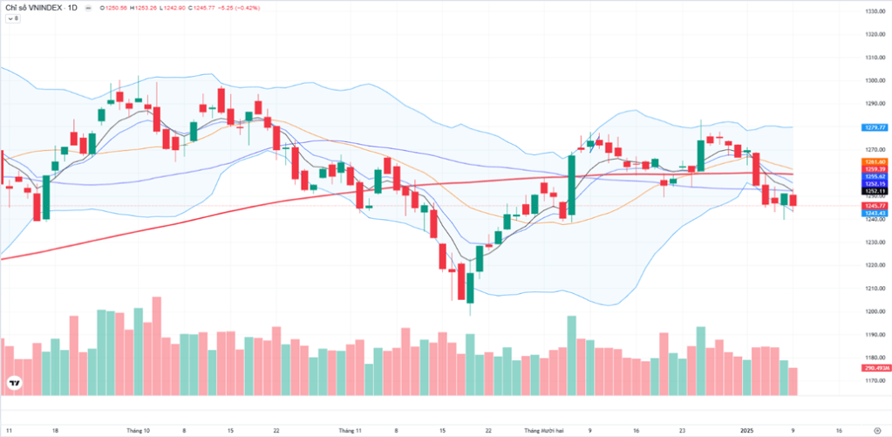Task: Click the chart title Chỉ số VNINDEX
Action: pyautogui.click(x=35, y=8)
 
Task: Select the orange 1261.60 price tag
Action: pyautogui.click(x=875, y=162)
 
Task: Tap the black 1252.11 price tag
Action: pyautogui.click(x=875, y=191)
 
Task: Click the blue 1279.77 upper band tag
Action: pyautogui.click(x=875, y=127)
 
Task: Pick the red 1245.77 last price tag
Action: pyautogui.click(x=875, y=206)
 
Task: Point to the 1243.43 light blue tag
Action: pyautogui.click(x=875, y=213)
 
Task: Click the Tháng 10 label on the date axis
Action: pyautogui.click(x=139, y=430)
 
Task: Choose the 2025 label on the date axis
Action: pyautogui.click(x=746, y=430)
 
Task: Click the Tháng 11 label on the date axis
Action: pyautogui.click(x=350, y=430)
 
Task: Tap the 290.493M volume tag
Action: pyautogui.click(x=875, y=369)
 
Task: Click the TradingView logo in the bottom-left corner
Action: pyautogui.click(x=15, y=383)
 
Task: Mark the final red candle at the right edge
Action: pyautogui.click(x=793, y=201)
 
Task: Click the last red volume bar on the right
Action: pyautogui.click(x=793, y=381)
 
